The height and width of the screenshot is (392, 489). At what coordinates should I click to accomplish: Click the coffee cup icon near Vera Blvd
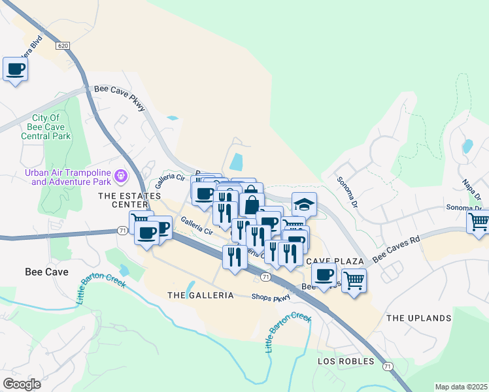[x=15, y=69]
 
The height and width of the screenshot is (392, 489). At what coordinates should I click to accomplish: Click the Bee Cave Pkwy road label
[x=120, y=97]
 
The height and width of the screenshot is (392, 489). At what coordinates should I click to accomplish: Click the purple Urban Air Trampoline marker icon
[x=120, y=176]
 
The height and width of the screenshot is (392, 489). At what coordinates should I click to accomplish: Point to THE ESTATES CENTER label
[x=129, y=200]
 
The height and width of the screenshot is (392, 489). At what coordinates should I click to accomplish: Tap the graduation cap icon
[x=304, y=205]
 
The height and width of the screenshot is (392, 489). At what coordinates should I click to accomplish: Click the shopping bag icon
[x=251, y=203]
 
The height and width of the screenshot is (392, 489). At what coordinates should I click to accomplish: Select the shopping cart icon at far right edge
[x=479, y=222]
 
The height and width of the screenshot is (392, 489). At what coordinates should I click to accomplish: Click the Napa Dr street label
[x=471, y=189]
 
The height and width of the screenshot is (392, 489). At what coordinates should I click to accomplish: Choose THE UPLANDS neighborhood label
[x=418, y=318]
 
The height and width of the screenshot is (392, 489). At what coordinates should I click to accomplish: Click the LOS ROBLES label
[x=346, y=361]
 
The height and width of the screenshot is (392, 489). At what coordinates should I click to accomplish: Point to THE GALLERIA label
[x=201, y=295]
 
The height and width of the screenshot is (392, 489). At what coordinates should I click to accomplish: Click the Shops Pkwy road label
[x=271, y=297]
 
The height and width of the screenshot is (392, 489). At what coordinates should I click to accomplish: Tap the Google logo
[x=22, y=384]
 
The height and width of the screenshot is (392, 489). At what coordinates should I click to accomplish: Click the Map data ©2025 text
[x=461, y=387]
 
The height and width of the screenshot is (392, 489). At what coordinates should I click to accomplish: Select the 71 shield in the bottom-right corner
[x=388, y=367]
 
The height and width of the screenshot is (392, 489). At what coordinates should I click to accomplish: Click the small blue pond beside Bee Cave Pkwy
[x=172, y=118]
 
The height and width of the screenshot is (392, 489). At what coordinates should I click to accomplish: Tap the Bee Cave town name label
[x=43, y=270]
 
